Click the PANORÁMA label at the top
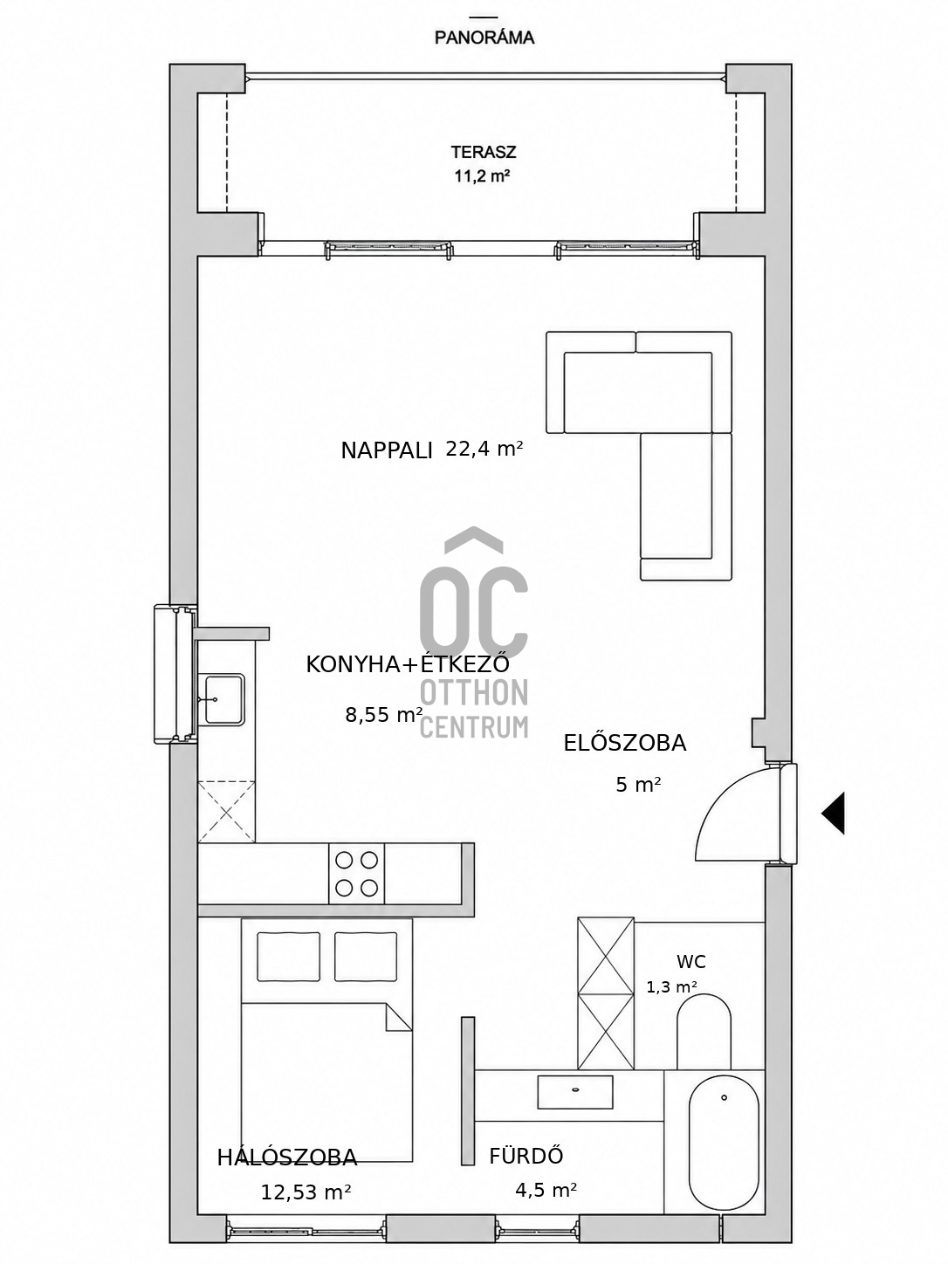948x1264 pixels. pos(484,38)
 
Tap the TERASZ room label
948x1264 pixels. pos(484,152)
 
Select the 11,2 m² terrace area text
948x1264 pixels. pos(483,175)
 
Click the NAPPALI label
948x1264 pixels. pos(386,450)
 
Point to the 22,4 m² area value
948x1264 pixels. pos(484,449)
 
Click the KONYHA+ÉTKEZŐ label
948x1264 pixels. pos(408,664)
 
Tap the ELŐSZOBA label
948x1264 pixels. pos(624,743)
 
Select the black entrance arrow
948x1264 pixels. pos(833,813)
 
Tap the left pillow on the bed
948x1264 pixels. pos(288,957)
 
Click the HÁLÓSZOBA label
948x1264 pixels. pos(287,1157)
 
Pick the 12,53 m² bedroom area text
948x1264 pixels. pos(306,1192)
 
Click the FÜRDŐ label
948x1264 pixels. pos(526,1156)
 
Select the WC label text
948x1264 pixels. pos(690,962)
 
